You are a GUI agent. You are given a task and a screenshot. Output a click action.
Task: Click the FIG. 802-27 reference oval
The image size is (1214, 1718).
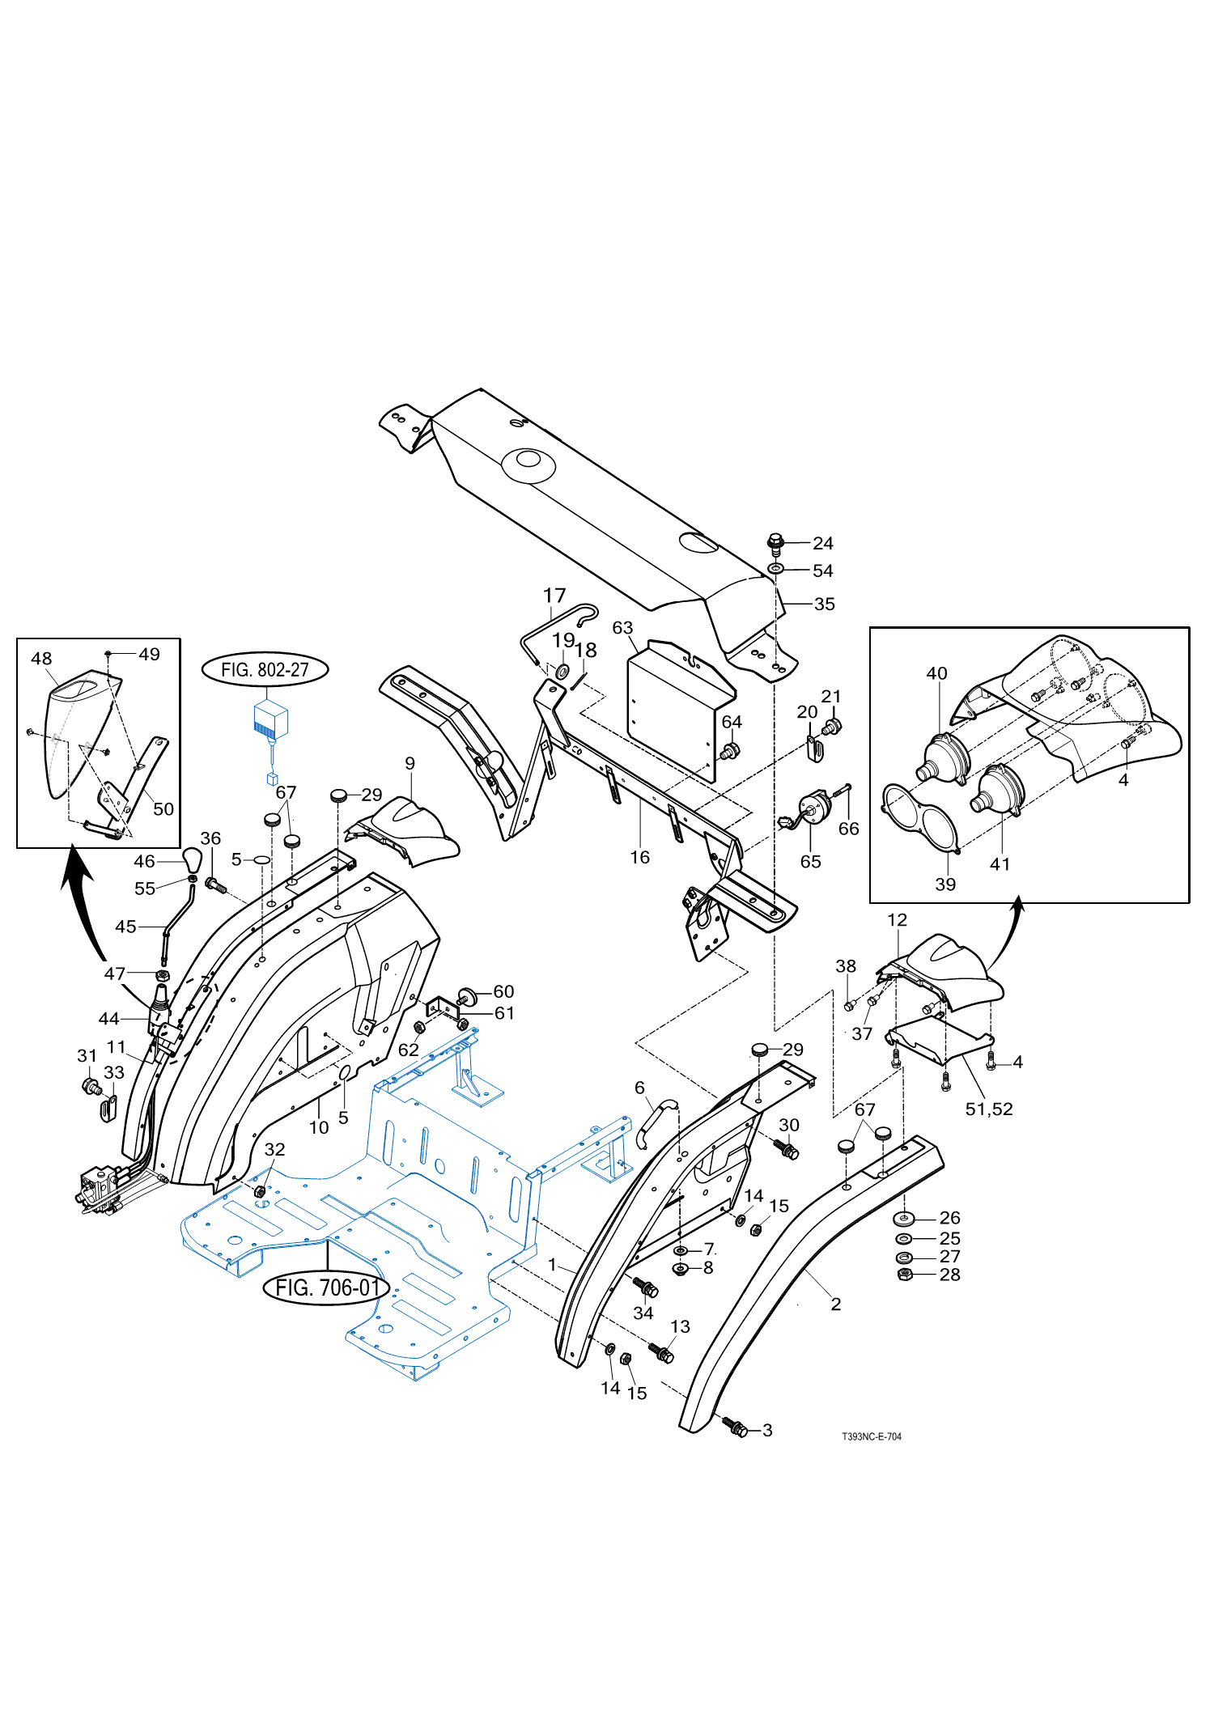coord(265,669)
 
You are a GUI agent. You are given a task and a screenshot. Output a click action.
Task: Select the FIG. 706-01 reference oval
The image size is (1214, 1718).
coord(327,1287)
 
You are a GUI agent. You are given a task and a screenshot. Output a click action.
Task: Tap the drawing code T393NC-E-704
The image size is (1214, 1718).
coord(872,1436)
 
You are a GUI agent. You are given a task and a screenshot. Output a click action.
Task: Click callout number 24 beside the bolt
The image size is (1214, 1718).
coord(823,543)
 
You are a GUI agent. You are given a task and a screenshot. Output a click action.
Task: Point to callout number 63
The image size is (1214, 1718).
coord(622,627)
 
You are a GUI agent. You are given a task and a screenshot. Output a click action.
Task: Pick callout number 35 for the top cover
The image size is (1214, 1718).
coord(825,604)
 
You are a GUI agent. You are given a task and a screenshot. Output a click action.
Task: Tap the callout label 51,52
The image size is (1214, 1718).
coord(989,1109)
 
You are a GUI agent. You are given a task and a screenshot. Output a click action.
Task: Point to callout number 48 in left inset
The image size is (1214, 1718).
coord(41,658)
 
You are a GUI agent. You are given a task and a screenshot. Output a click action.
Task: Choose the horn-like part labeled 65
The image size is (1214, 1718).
coord(813,810)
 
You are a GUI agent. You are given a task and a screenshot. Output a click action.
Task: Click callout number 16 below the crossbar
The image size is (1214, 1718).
coord(639,857)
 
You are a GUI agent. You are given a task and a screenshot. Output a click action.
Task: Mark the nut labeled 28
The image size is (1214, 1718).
coord(906,1275)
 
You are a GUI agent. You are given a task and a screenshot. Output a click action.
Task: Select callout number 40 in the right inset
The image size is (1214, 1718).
coord(936,673)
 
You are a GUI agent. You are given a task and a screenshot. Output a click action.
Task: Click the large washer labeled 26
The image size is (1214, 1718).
coord(904,1218)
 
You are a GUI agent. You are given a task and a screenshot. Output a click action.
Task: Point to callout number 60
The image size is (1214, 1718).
coord(503,991)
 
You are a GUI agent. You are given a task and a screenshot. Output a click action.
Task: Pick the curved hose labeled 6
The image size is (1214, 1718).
coord(656,1122)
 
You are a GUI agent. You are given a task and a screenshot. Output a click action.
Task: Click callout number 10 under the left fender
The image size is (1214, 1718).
coord(319,1127)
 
